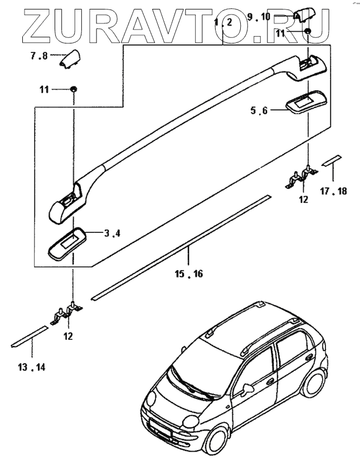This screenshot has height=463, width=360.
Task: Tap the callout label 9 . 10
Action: click(x=258, y=17)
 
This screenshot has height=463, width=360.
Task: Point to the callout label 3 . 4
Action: click(x=112, y=234)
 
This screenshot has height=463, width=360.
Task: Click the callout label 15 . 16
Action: click(x=187, y=274)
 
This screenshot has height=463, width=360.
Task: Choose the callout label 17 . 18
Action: click(x=334, y=191)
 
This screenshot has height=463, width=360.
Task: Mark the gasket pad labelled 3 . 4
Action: click(x=68, y=243)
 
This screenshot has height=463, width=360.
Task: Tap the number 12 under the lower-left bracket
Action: click(x=68, y=337)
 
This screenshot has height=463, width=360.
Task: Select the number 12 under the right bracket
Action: click(x=303, y=199)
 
